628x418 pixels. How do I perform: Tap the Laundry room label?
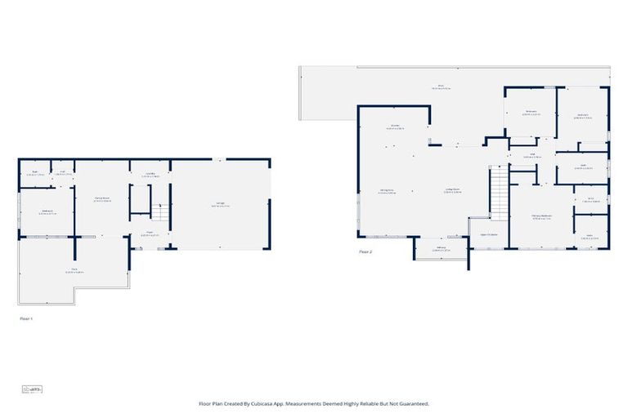[150, 174]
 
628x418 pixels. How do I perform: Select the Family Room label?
[102, 198]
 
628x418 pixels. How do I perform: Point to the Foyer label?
[150, 233]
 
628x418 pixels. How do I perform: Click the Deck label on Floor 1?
[74, 271]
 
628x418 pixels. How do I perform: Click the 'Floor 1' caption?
[26, 318]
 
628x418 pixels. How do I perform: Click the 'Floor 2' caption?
[366, 252]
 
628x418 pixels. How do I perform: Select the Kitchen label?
[395, 127]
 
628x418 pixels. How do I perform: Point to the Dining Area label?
[388, 192]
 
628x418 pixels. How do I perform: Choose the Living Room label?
[453, 192]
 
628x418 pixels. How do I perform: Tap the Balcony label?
[441, 248]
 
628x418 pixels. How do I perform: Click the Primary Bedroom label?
[542, 216]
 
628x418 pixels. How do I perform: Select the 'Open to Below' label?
[489, 233]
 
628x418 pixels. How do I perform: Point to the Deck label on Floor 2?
[439, 87]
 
